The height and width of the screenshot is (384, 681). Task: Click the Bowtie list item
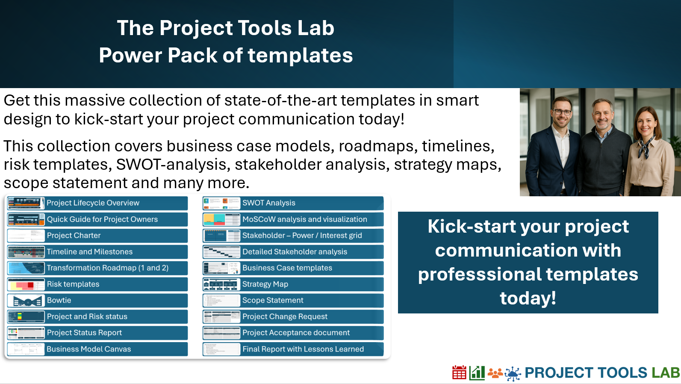click(x=97, y=300)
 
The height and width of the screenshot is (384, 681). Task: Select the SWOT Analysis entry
click(x=293, y=203)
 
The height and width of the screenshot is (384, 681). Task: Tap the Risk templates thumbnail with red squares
click(x=26, y=284)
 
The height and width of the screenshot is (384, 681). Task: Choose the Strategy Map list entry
click(x=293, y=284)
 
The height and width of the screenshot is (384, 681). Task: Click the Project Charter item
click(x=97, y=236)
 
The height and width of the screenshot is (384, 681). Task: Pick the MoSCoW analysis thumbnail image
click(x=221, y=219)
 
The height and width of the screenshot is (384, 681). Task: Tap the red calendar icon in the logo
click(x=459, y=373)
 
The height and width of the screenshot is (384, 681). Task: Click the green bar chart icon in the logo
click(x=477, y=373)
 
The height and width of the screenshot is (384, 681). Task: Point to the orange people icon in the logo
click(x=495, y=373)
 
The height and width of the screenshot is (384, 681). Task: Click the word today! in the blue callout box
click(x=528, y=298)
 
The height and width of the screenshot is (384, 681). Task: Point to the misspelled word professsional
click(x=480, y=274)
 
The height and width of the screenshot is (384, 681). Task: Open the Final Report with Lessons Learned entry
click(x=293, y=349)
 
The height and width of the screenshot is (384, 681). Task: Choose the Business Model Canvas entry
click(x=97, y=349)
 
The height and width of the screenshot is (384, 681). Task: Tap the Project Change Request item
click(x=293, y=316)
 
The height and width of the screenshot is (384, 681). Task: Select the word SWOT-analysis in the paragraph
click(x=171, y=165)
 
